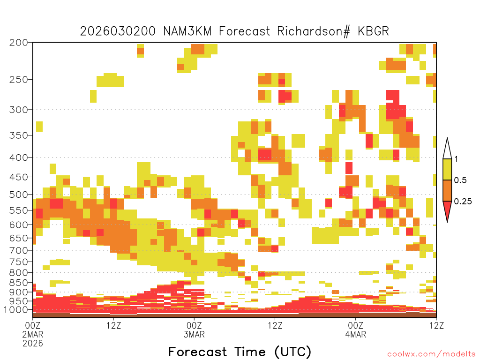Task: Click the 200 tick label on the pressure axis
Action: pos(18,43)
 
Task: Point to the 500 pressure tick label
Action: pos(18,195)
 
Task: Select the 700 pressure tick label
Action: pos(18,250)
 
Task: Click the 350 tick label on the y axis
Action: pos(18,135)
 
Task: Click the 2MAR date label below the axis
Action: pos(33,334)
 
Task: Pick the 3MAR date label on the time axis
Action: pos(194,334)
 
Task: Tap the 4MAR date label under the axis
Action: pos(355,334)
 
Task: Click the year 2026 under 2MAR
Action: pos(33,343)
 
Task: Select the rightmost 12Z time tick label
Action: pos(436,325)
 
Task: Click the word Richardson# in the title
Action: pos(314,31)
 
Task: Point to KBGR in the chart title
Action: pos(373,31)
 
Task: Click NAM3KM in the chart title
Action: pos(187,31)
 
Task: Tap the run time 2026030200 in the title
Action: pos(118,31)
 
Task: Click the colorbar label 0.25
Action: pos(463,202)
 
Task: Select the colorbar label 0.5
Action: pos(460,180)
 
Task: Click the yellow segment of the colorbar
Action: pos(447,169)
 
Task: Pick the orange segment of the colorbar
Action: pos(447,190)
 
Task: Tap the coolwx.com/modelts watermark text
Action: pos(432,354)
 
